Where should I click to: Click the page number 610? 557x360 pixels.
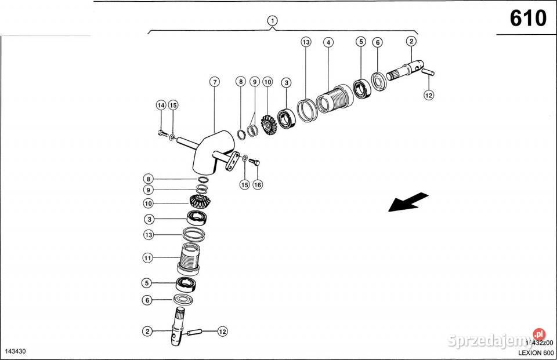528,19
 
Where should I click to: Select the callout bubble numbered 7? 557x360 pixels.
215,82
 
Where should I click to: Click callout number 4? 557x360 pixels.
328,42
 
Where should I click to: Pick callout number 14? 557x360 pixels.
161,105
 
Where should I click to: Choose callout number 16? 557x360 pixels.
258,184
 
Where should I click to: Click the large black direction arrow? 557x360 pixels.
408,202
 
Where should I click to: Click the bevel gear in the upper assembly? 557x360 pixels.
268,124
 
